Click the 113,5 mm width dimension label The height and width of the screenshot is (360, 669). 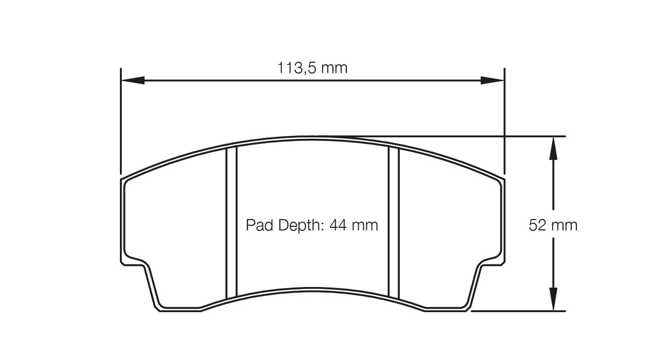pyautogui.click(x=312, y=68)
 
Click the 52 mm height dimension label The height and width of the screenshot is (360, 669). pyautogui.click(x=553, y=225)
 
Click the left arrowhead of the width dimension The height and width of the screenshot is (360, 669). pyautogui.click(x=132, y=80)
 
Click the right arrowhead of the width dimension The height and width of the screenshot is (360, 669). pyautogui.click(x=492, y=80)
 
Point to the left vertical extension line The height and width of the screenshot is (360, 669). pyautogui.click(x=120, y=123)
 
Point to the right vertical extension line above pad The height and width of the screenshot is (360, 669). pyautogui.click(x=504, y=123)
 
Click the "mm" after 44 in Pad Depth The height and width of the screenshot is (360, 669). pyautogui.click(x=366, y=225)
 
